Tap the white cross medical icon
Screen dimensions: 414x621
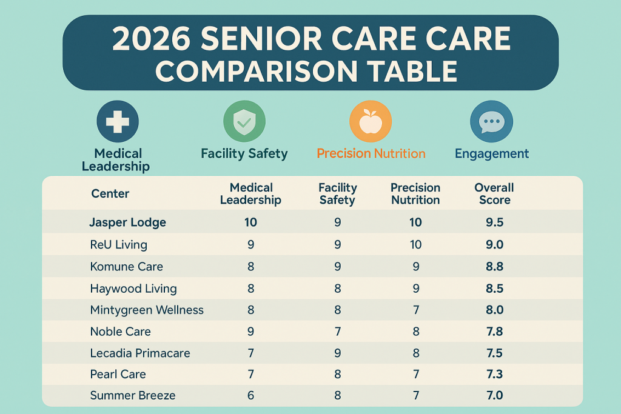(118, 121)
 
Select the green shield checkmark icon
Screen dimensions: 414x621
(244, 121)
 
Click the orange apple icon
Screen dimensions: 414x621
(371, 121)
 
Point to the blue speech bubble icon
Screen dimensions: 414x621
(492, 121)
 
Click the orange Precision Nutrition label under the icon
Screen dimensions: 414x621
(371, 153)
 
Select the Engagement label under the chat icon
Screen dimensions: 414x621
(492, 153)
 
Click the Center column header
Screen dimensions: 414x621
(110, 194)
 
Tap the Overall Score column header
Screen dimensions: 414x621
(494, 194)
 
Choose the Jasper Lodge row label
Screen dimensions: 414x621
(127, 222)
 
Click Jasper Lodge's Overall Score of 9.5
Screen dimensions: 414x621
(494, 222)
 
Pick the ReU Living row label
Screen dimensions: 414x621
(118, 245)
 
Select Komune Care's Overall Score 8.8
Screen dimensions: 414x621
(494, 267)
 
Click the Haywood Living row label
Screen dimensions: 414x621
(133, 289)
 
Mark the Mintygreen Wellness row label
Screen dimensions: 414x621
(147, 310)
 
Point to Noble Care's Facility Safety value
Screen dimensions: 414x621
(338, 332)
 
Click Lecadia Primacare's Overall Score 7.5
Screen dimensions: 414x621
(494, 353)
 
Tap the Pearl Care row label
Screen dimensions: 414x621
(118, 374)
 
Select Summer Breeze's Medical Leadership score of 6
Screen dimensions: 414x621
(250, 395)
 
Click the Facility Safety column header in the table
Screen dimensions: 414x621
(338, 194)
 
